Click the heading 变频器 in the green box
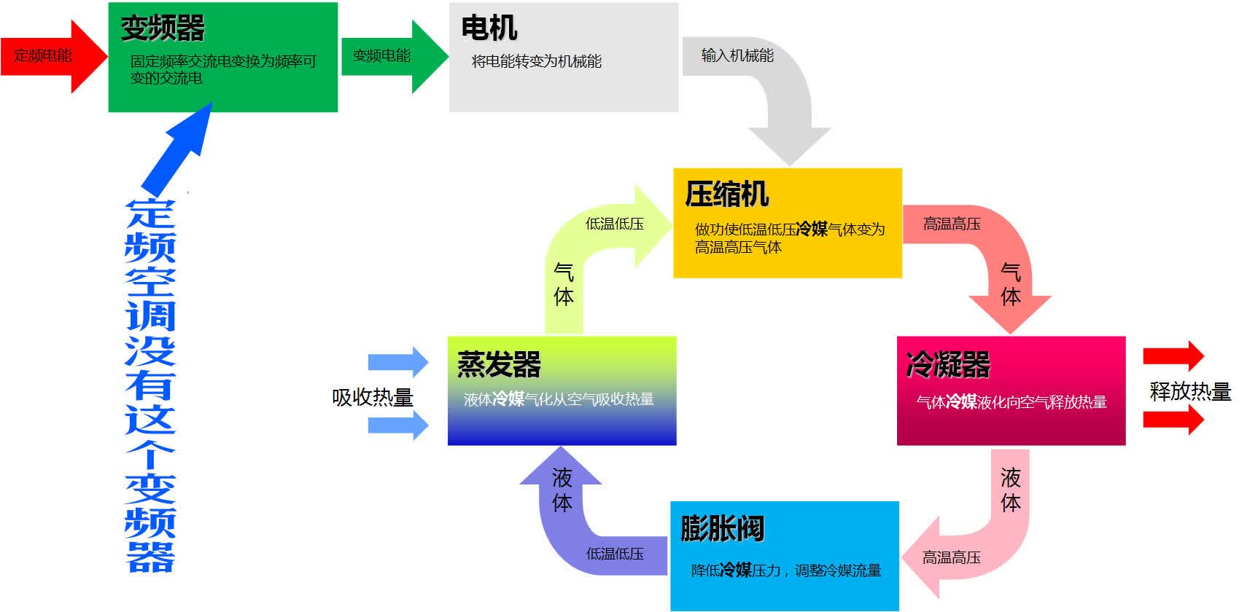[163, 28]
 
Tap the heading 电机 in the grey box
[489, 28]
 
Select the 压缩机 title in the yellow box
[726, 194]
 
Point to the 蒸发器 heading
[499, 364]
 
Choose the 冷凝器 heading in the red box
[947, 364]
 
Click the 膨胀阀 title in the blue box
[722, 528]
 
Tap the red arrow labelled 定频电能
[53, 56]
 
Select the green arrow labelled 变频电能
[395, 56]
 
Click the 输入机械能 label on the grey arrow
[737, 55]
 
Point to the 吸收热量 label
[372, 397]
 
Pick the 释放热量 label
[1190, 391]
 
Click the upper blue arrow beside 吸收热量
[398, 362]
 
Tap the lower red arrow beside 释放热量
[1173, 420]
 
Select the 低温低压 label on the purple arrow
[614, 554]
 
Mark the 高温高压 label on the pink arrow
[952, 557]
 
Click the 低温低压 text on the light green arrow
[614, 224]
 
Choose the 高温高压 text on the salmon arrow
[952, 224]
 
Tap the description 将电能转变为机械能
[536, 61]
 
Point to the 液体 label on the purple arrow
[562, 490]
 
